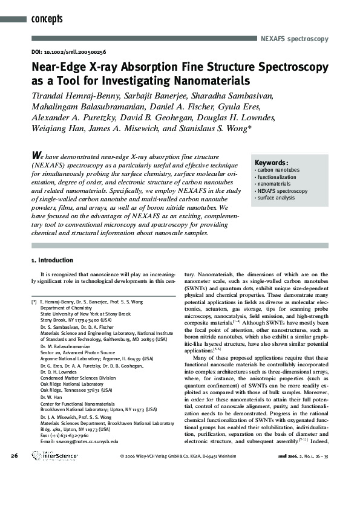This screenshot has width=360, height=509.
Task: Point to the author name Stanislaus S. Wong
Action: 214,128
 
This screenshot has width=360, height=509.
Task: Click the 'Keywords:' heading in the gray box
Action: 271,163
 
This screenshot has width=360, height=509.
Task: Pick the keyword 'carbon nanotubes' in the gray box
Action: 278,170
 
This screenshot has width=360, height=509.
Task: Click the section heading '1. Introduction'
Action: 52,261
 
